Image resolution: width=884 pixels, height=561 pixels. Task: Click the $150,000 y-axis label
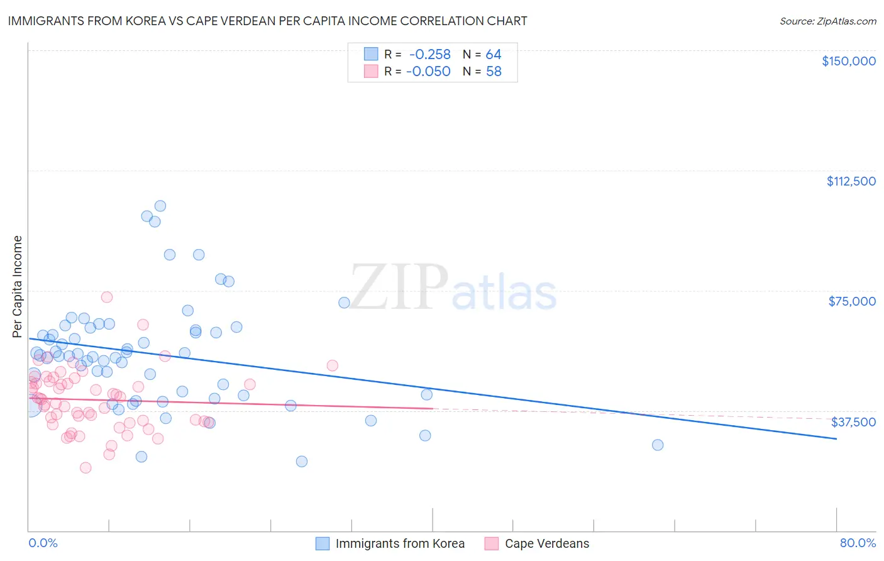pos(848,61)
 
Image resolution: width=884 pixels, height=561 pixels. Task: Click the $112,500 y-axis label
pos(851,181)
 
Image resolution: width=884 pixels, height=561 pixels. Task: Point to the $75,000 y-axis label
pos(852,301)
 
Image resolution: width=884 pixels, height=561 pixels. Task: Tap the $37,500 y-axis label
pos(853,422)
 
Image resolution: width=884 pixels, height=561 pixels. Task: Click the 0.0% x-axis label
pos(43,543)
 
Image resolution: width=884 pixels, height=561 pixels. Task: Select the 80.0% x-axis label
pos(858,543)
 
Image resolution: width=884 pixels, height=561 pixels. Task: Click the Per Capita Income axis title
pos(18,287)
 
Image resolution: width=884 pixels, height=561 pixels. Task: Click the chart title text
pos(267,21)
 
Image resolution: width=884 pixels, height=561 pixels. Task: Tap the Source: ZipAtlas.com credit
pos(827,21)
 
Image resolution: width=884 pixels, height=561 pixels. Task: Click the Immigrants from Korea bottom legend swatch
pos(323,543)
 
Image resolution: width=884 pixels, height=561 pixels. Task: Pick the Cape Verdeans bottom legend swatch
pos(492,543)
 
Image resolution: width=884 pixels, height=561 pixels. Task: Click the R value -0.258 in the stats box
pos(429,55)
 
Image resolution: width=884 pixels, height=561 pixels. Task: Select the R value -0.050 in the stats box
pos(428,72)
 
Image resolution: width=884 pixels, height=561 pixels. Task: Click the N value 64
pos(494,55)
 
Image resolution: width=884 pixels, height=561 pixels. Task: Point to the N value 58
pos(494,72)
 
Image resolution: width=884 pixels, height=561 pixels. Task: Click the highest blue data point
pos(160,206)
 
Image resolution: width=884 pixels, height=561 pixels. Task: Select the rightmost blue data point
pos(658,445)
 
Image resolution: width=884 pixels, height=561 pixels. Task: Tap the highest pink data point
pos(107,297)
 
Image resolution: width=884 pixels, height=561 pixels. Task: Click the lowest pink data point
pos(86,467)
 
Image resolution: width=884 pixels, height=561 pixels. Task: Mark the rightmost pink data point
pos(333,365)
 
